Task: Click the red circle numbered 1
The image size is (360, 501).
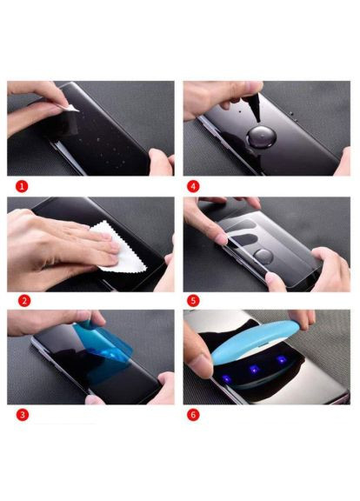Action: click(x=22, y=186)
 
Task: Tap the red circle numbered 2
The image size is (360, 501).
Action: click(x=24, y=301)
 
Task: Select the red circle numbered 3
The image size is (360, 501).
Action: click(x=23, y=415)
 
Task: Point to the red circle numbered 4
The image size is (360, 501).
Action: click(x=193, y=186)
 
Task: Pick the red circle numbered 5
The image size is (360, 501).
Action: click(x=193, y=301)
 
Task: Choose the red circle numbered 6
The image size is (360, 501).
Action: click(x=193, y=415)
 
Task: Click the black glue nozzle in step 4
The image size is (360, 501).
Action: click(x=254, y=107)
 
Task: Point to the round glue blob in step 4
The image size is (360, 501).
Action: click(x=262, y=137)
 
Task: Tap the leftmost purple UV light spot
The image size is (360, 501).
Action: click(x=226, y=379)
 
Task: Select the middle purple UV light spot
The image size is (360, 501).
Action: click(x=254, y=370)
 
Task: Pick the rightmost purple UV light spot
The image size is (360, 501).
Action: click(x=282, y=359)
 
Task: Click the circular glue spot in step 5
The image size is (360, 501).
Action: click(x=263, y=257)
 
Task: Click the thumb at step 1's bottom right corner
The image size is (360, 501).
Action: click(x=162, y=163)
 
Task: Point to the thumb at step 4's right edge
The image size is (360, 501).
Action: click(x=343, y=163)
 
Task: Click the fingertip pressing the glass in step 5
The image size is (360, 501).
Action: click(x=220, y=238)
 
